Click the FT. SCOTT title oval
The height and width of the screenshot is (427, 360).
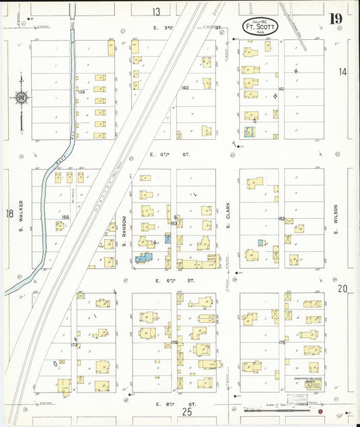click(x=259, y=28)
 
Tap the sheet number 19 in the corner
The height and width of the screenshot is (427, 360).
click(x=335, y=19)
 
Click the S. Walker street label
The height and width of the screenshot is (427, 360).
click(x=22, y=214)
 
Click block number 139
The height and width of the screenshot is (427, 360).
click(x=81, y=91)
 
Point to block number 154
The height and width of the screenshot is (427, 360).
click(x=66, y=217)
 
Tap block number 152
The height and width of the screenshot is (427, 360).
click(x=282, y=218)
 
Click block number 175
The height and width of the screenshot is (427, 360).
click(x=282, y=343)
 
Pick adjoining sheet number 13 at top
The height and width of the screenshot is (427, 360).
click(x=156, y=11)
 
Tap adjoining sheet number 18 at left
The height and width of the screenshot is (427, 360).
click(x=9, y=214)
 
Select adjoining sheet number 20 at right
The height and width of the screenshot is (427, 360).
click(x=342, y=288)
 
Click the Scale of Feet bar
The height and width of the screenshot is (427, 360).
click(x=270, y=408)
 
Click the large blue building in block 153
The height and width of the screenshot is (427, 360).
click(x=144, y=257)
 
